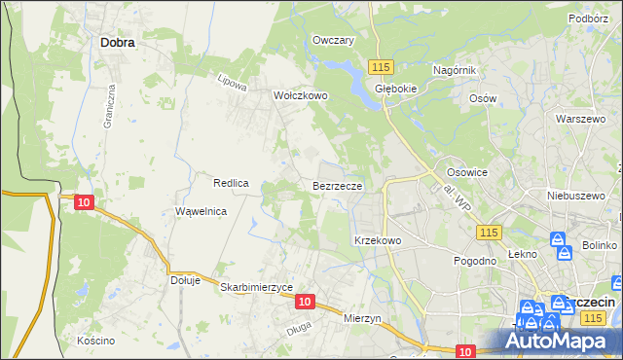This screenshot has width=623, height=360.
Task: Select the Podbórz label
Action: point(588,18)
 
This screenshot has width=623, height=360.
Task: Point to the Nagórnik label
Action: point(454,71)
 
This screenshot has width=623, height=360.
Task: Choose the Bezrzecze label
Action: point(338,185)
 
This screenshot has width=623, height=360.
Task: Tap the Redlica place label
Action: point(232,183)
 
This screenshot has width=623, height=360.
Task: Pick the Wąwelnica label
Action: point(201,211)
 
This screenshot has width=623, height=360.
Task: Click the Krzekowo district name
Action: point(378,239)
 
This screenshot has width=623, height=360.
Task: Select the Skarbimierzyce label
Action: point(257,287)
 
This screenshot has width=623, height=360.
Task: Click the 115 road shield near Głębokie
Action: point(381,65)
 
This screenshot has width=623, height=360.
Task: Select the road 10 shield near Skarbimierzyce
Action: point(305,302)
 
